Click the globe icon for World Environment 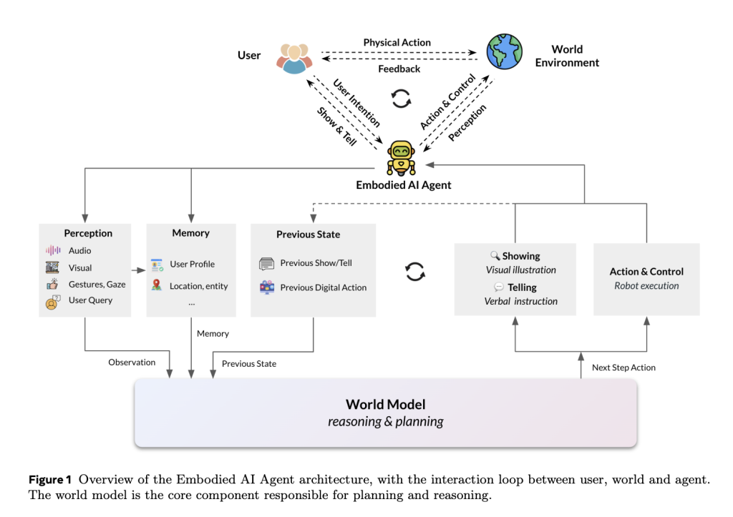tap(505, 52)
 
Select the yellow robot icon tap(401, 158)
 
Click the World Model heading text tap(385, 404)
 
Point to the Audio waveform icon tap(53, 251)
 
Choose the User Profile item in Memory tap(192, 264)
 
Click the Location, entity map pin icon tap(157, 285)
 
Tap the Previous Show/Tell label tap(316, 263)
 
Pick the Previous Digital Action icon tap(267, 287)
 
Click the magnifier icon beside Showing tap(495, 255)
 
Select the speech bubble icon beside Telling tap(499, 287)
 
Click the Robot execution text tap(646, 286)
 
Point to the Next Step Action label tap(623, 368)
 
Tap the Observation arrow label tap(132, 363)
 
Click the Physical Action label tap(397, 43)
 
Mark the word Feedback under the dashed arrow tap(399, 69)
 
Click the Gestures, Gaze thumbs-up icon tap(52, 284)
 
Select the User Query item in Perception tap(90, 300)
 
